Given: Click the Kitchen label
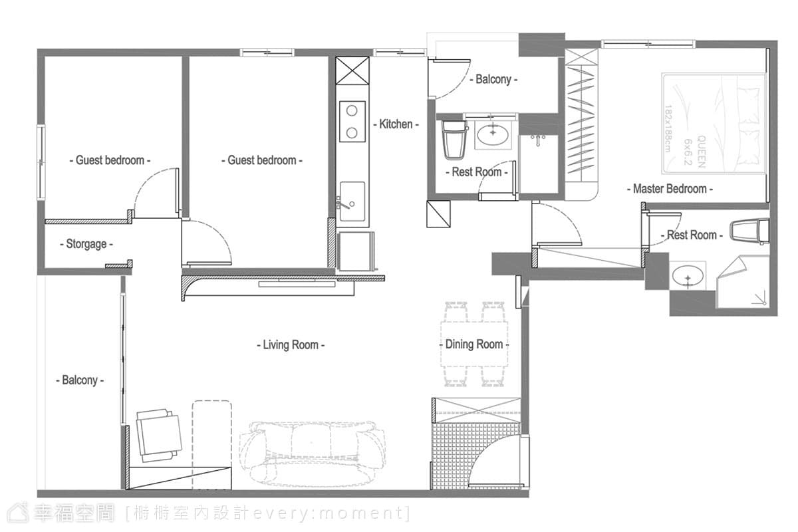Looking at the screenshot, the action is (396, 124).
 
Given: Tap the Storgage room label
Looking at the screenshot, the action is (86, 244).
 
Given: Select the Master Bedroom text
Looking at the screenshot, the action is (670, 188).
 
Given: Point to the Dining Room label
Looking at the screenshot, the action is (474, 344).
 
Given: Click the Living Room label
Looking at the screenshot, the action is (291, 345).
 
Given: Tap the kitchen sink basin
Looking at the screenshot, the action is (352, 201).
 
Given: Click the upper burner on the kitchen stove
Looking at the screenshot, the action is (352, 111).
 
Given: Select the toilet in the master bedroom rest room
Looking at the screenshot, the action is (749, 231).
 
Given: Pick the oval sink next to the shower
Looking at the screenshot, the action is (687, 277).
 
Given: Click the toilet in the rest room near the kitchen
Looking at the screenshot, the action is (454, 140).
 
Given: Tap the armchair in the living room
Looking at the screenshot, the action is (159, 436).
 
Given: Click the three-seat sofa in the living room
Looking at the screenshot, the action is (312, 454).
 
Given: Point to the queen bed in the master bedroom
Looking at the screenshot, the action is (714, 124).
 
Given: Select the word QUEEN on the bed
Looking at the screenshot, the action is (701, 152).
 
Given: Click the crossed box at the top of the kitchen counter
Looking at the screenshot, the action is (352, 70).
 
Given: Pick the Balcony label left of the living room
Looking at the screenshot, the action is (80, 380).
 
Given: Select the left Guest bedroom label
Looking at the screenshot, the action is (110, 160).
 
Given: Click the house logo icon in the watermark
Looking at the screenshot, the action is (18, 513).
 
